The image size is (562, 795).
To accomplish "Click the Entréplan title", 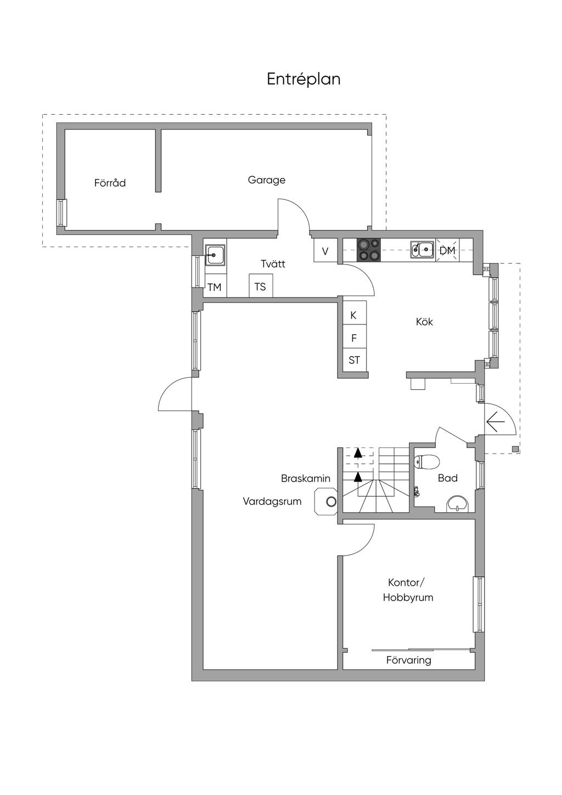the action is (304, 79).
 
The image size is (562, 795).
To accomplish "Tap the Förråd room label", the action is (110, 183).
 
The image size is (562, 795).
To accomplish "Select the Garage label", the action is (266, 180).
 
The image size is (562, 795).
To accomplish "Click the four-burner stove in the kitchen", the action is (369, 250).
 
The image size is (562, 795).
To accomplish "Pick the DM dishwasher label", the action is (447, 250).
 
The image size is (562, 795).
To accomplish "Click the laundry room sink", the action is (215, 255).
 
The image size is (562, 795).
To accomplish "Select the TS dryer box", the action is (261, 285).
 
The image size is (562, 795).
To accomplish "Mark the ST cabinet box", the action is (355, 360).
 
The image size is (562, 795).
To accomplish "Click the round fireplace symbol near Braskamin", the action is (331, 501).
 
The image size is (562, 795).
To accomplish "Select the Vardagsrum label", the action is (272, 501).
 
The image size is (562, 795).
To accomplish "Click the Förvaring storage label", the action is (409, 660).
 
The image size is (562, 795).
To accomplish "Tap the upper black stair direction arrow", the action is (358, 453).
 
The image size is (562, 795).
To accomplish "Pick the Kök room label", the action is (424, 322).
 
